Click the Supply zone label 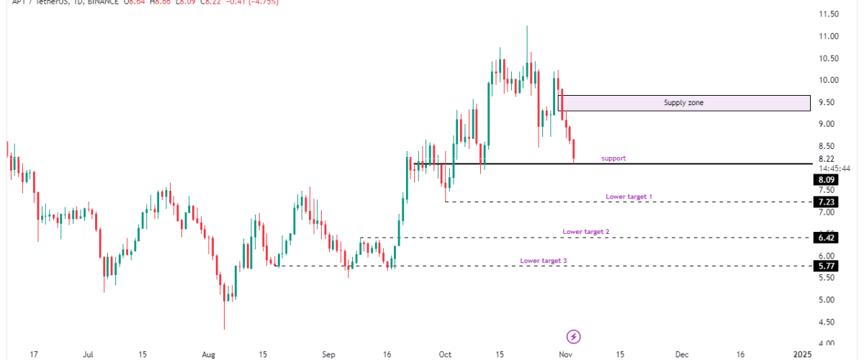click(x=683, y=103)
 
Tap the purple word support click(x=613, y=158)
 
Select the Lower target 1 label click(x=629, y=196)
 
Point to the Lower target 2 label click(x=586, y=232)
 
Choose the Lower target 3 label click(x=544, y=261)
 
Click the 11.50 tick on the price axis click(x=825, y=14)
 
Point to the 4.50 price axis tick click(x=825, y=322)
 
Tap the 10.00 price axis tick click(x=825, y=80)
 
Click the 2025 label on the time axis click(x=803, y=354)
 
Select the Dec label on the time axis click(x=682, y=354)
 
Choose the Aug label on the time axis click(x=209, y=354)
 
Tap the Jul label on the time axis click(x=89, y=354)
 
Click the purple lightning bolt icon click(x=574, y=336)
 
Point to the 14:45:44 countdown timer click(x=834, y=168)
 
